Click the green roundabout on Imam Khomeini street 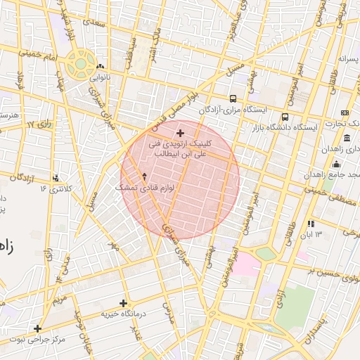[81, 64]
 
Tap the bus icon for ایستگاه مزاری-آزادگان [233, 99]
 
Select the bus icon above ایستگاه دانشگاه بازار [285, 117]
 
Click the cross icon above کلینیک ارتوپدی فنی [180, 133]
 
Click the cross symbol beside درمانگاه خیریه [124, 303]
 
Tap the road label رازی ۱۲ [39, 124]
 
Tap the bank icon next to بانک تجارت [345, 112]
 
